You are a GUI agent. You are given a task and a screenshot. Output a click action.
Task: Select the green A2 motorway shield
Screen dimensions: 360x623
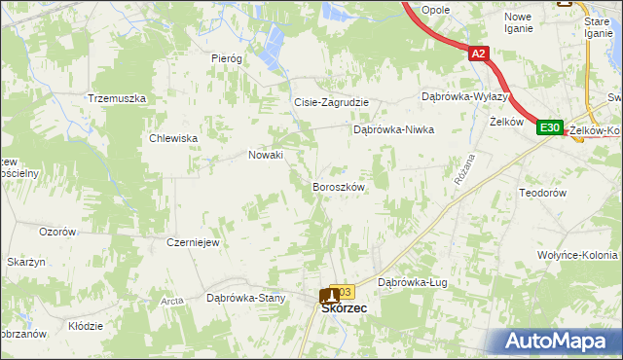(x=478, y=55)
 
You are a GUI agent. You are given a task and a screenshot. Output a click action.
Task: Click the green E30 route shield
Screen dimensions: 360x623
(x=550, y=126)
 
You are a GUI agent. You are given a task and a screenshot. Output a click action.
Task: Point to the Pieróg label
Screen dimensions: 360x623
(x=226, y=58)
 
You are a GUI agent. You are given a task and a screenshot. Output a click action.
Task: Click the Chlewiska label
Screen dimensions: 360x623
(x=174, y=138)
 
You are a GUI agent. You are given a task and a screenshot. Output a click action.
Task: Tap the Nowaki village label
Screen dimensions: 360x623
(x=266, y=155)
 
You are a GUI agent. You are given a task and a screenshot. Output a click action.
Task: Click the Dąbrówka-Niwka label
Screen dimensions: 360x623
(x=392, y=128)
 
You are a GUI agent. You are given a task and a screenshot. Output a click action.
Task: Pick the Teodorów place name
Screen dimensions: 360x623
(x=543, y=194)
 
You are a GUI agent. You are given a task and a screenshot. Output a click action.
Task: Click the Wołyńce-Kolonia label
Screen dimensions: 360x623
(x=576, y=255)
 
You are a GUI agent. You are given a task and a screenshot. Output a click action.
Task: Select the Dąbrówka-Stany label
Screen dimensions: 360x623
(x=245, y=299)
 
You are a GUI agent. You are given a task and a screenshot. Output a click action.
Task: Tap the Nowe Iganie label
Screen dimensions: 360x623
(x=518, y=22)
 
